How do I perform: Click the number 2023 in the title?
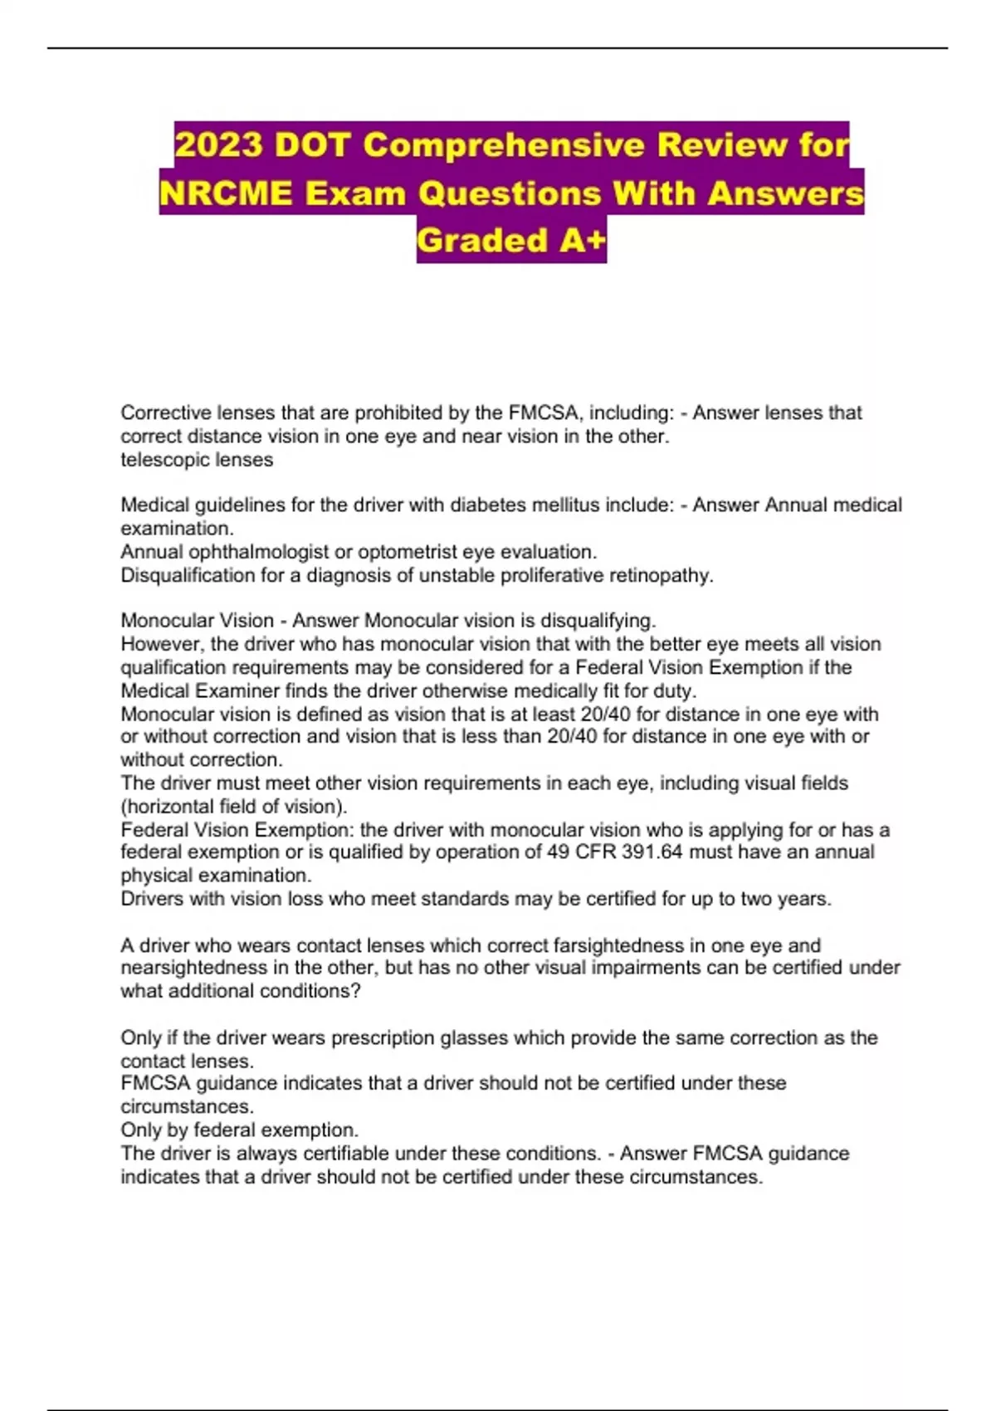click(x=218, y=145)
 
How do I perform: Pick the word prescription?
click(x=382, y=1037)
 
